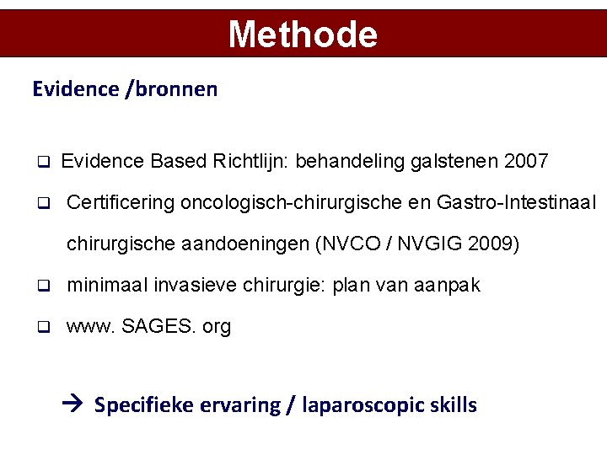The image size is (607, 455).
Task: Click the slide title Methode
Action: tap(303, 35)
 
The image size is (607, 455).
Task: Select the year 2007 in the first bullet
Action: tap(526, 160)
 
